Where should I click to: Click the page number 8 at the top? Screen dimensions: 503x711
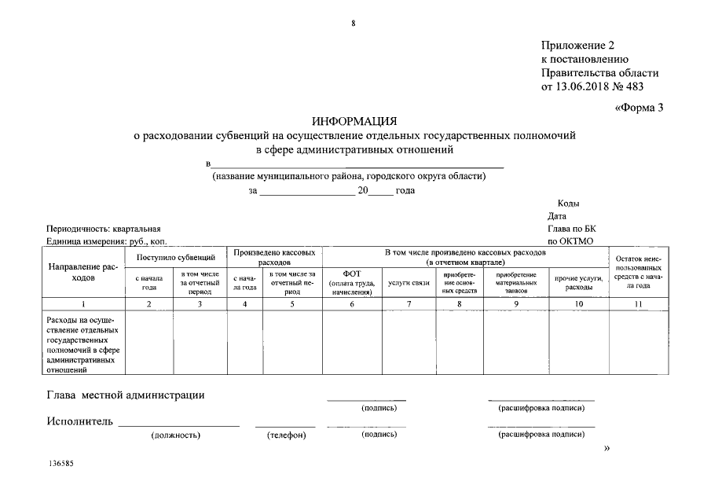click(354, 24)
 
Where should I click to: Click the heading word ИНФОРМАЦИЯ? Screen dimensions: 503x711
click(354, 121)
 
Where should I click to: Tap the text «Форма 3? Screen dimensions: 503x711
click(639, 108)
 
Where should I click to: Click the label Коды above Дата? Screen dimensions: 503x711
click(568, 204)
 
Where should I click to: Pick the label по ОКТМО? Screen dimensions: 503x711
click(570, 241)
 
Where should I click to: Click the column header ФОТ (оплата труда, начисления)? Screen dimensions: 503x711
click(351, 282)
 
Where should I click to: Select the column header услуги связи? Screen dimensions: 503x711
click(409, 283)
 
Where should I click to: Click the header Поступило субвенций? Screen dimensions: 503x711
click(176, 257)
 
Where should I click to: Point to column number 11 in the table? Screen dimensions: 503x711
click(637, 303)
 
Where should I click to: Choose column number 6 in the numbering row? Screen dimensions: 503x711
click(351, 303)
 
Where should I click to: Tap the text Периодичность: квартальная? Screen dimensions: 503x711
click(104, 228)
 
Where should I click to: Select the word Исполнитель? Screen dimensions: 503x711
click(79, 421)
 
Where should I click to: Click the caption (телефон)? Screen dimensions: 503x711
click(286, 435)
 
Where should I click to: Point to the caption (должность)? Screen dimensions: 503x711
click(175, 435)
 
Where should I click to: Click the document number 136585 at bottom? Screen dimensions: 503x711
click(60, 464)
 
